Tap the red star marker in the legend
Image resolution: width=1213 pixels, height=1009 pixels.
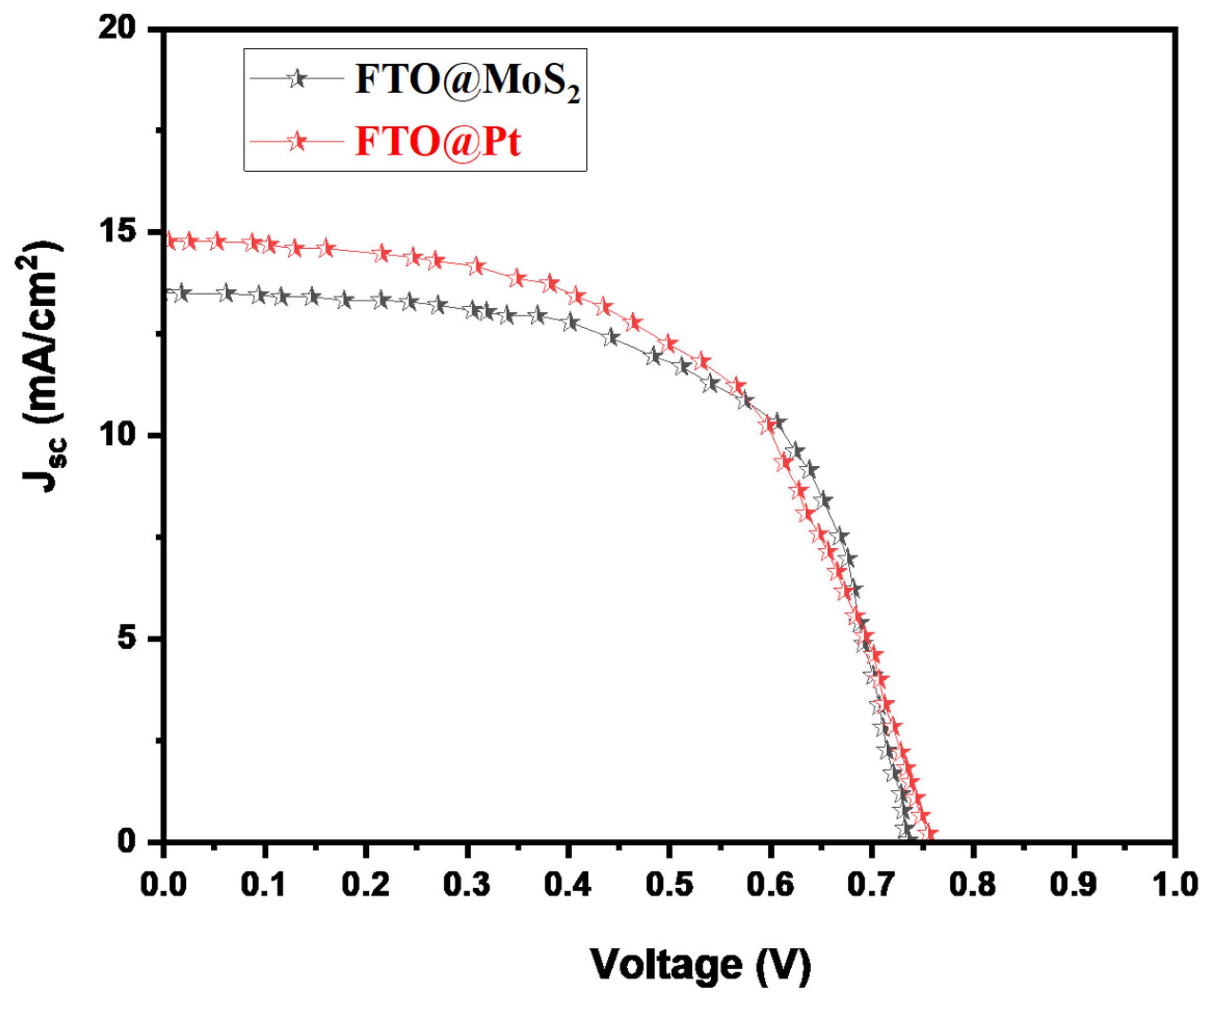pyautogui.click(x=297, y=140)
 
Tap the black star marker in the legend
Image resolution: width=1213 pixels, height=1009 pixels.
pyautogui.click(x=297, y=78)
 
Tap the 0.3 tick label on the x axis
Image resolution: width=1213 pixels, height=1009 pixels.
pyautogui.click(x=467, y=886)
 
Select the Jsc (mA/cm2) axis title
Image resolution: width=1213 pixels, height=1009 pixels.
pyautogui.click(x=44, y=369)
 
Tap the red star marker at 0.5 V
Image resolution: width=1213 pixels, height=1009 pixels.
pyautogui.click(x=670, y=344)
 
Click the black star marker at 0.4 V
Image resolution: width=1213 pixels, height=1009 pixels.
pyautogui.click(x=571, y=322)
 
